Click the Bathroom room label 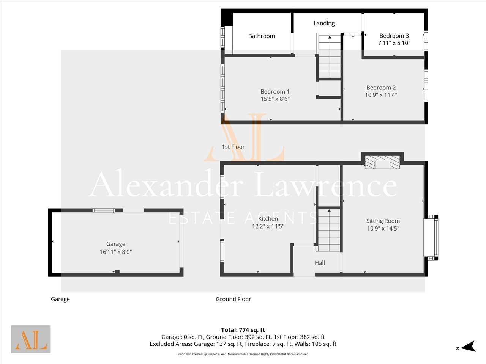tap(262, 36)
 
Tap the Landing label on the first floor tap(324, 24)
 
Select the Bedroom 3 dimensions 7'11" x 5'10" tap(394, 43)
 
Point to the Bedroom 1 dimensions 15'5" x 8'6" tap(275, 99)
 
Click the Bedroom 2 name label tap(381, 88)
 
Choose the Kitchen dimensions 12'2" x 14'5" tap(268, 226)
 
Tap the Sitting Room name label tap(383, 221)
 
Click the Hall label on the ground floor tap(320, 263)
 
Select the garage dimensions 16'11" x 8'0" tap(115, 252)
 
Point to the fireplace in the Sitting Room tap(382, 162)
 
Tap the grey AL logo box tap(31, 339)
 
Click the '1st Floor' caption tap(233, 147)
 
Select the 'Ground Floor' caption tap(233, 299)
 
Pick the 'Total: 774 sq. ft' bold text tap(243, 330)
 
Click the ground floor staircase tap(329, 230)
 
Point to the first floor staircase tap(330, 56)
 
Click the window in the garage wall tap(104, 210)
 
